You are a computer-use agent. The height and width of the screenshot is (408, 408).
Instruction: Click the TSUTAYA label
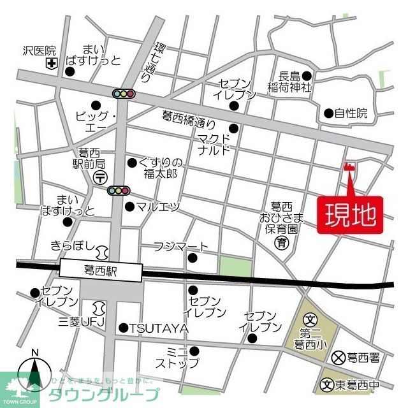click(x=159, y=328)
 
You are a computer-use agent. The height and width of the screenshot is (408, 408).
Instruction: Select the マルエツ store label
click(x=157, y=207)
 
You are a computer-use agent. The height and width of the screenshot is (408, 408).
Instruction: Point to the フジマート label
click(x=180, y=247)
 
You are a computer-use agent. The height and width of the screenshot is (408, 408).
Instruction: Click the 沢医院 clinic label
click(x=39, y=50)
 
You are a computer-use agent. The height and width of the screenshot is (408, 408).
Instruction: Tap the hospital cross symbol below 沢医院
click(x=50, y=63)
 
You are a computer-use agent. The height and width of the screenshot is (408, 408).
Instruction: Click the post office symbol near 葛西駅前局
click(x=99, y=178)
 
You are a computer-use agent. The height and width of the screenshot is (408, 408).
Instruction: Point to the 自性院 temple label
click(x=351, y=113)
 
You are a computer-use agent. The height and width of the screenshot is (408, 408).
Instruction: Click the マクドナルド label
click(x=213, y=146)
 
